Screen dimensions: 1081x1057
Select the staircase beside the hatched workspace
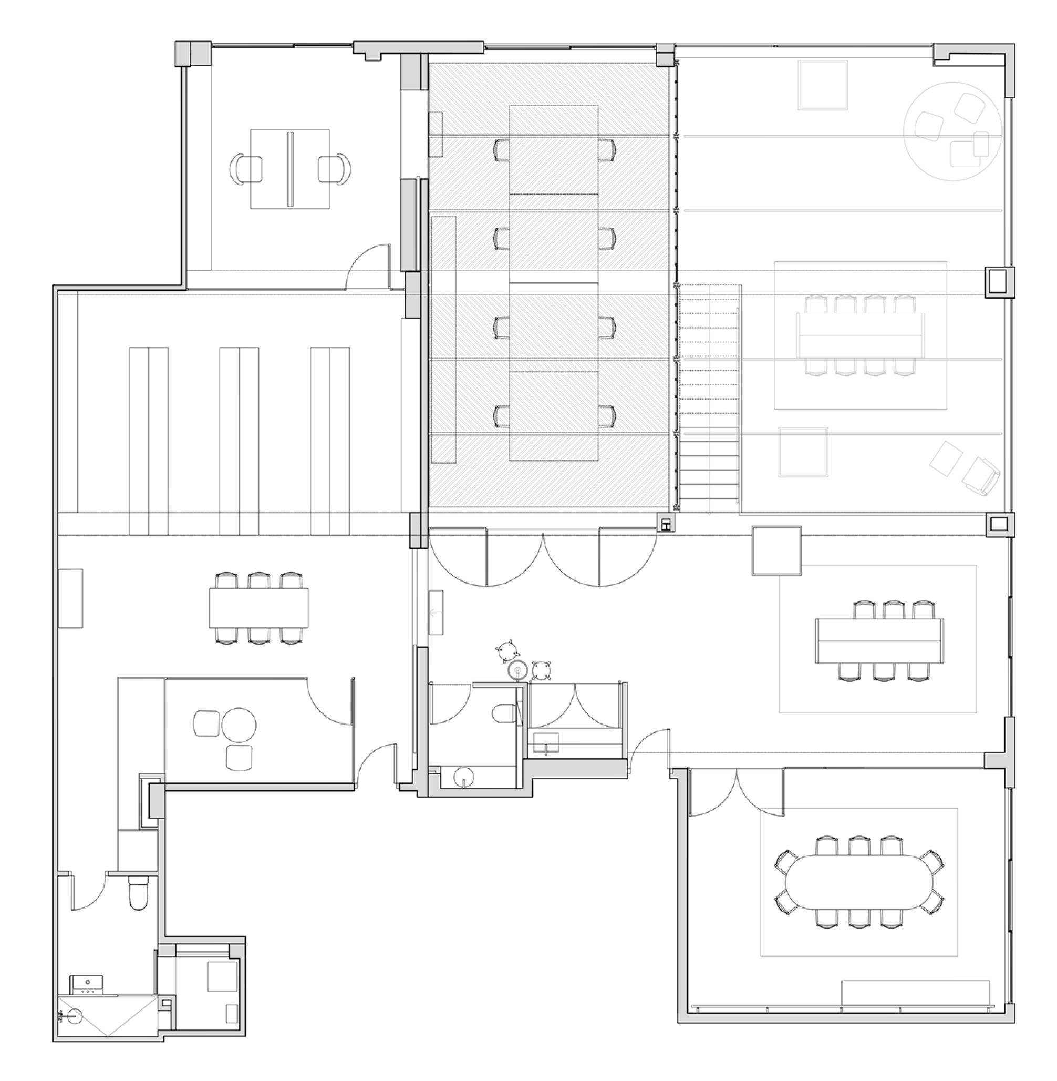(x=709, y=397)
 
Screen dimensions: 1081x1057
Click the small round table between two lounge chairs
(x=239, y=725)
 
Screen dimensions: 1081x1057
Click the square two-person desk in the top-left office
(x=289, y=169)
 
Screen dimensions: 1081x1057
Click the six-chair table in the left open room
(x=258, y=608)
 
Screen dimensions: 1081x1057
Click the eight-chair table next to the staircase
(x=860, y=336)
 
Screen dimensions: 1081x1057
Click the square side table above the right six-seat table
(x=776, y=550)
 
